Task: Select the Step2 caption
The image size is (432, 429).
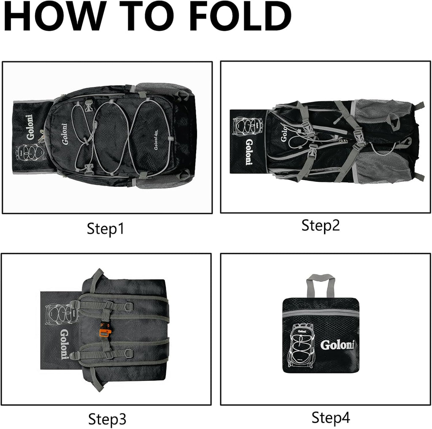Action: coord(321,226)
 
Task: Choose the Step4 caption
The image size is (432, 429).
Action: coord(331,417)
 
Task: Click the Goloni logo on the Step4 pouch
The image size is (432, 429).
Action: coord(337,345)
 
